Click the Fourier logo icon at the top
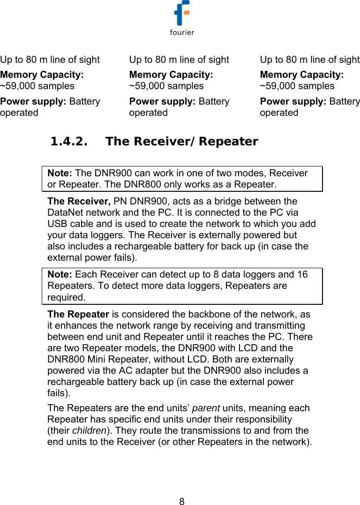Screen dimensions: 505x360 click(181, 14)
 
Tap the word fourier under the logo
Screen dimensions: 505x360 click(181, 32)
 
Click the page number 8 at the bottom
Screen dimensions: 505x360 click(182, 501)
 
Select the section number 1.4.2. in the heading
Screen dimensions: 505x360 click(70, 141)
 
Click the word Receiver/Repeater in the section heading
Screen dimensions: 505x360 click(195, 141)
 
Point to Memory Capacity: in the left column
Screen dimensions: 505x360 click(42, 75)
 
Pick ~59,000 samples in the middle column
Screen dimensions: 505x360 click(166, 86)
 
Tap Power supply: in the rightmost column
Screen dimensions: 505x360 click(293, 101)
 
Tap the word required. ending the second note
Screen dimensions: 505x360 click(66, 297)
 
